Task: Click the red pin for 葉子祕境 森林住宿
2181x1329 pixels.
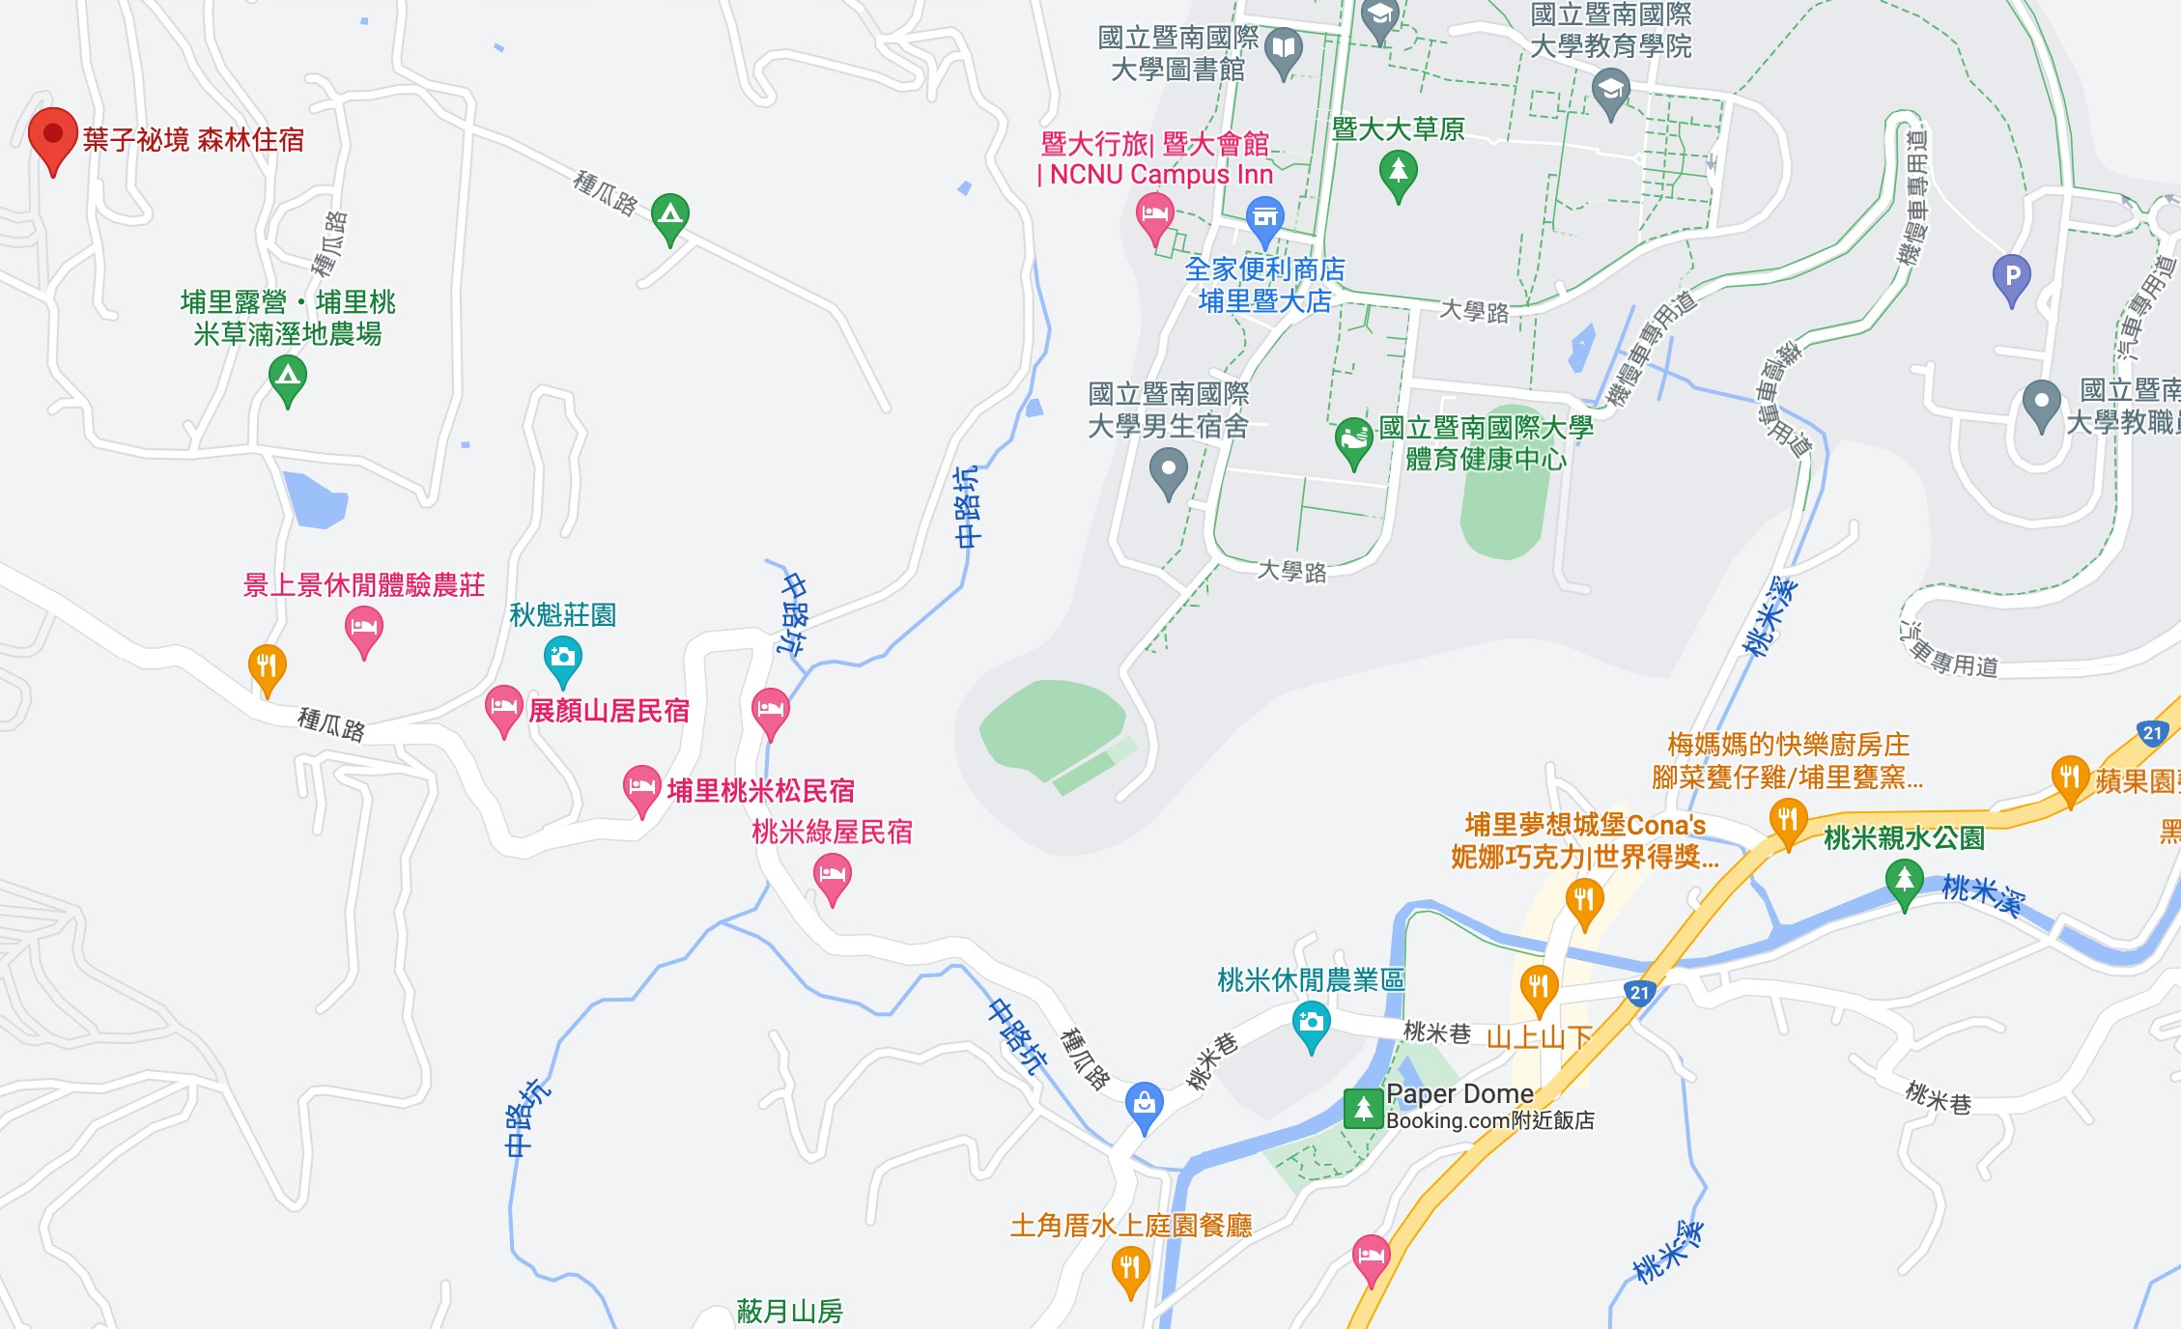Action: [53, 136]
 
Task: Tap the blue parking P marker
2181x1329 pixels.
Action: [2012, 276]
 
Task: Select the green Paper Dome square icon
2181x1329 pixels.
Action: [1363, 1108]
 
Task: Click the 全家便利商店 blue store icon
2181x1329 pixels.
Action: [1264, 218]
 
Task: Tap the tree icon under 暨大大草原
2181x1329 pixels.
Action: [1398, 174]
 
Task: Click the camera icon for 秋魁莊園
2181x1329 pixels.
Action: [562, 658]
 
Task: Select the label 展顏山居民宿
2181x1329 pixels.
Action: [609, 711]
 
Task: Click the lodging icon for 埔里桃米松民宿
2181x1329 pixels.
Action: [641, 787]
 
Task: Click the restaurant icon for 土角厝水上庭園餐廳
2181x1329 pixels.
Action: [1130, 1267]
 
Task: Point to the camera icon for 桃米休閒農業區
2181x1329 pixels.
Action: [1311, 1023]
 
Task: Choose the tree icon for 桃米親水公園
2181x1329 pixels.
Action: [1904, 881]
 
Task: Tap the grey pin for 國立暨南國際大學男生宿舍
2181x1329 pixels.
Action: [1169, 472]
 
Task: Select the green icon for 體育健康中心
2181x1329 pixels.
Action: [1354, 439]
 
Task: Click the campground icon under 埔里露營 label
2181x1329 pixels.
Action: [287, 376]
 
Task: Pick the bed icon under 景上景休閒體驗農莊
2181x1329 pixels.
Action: [364, 627]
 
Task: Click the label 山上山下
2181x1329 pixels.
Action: [1539, 1038]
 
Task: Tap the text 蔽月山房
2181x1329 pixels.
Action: [789, 1311]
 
